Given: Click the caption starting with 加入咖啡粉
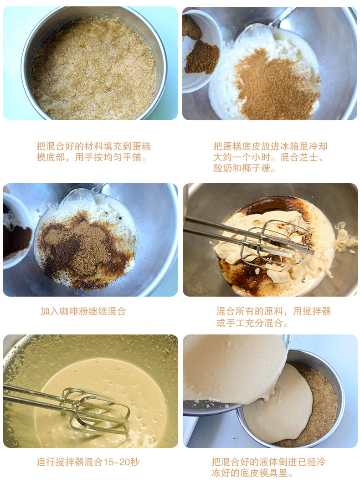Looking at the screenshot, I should click(x=83, y=311).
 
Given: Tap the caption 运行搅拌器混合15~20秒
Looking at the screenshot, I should click(x=87, y=462).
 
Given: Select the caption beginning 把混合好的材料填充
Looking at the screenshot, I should click(x=93, y=152).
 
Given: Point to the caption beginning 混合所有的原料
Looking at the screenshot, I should click(x=273, y=317).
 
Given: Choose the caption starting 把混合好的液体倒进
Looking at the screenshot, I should click(x=268, y=468).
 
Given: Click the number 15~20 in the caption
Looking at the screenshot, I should click(x=117, y=462).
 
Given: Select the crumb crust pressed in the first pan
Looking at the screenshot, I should click(x=93, y=68).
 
